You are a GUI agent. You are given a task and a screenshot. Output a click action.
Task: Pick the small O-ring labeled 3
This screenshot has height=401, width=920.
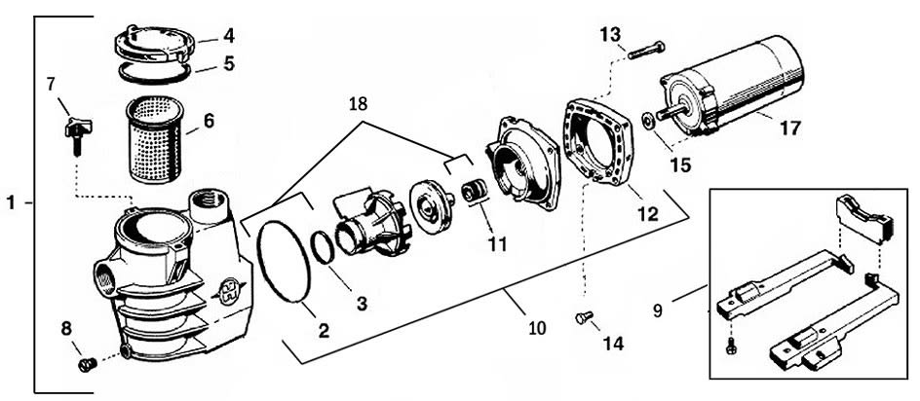coord(325,248)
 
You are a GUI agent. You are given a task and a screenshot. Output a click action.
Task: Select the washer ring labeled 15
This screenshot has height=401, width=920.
coord(649,123)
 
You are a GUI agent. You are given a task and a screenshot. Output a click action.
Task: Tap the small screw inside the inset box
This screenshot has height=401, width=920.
coord(732,345)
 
